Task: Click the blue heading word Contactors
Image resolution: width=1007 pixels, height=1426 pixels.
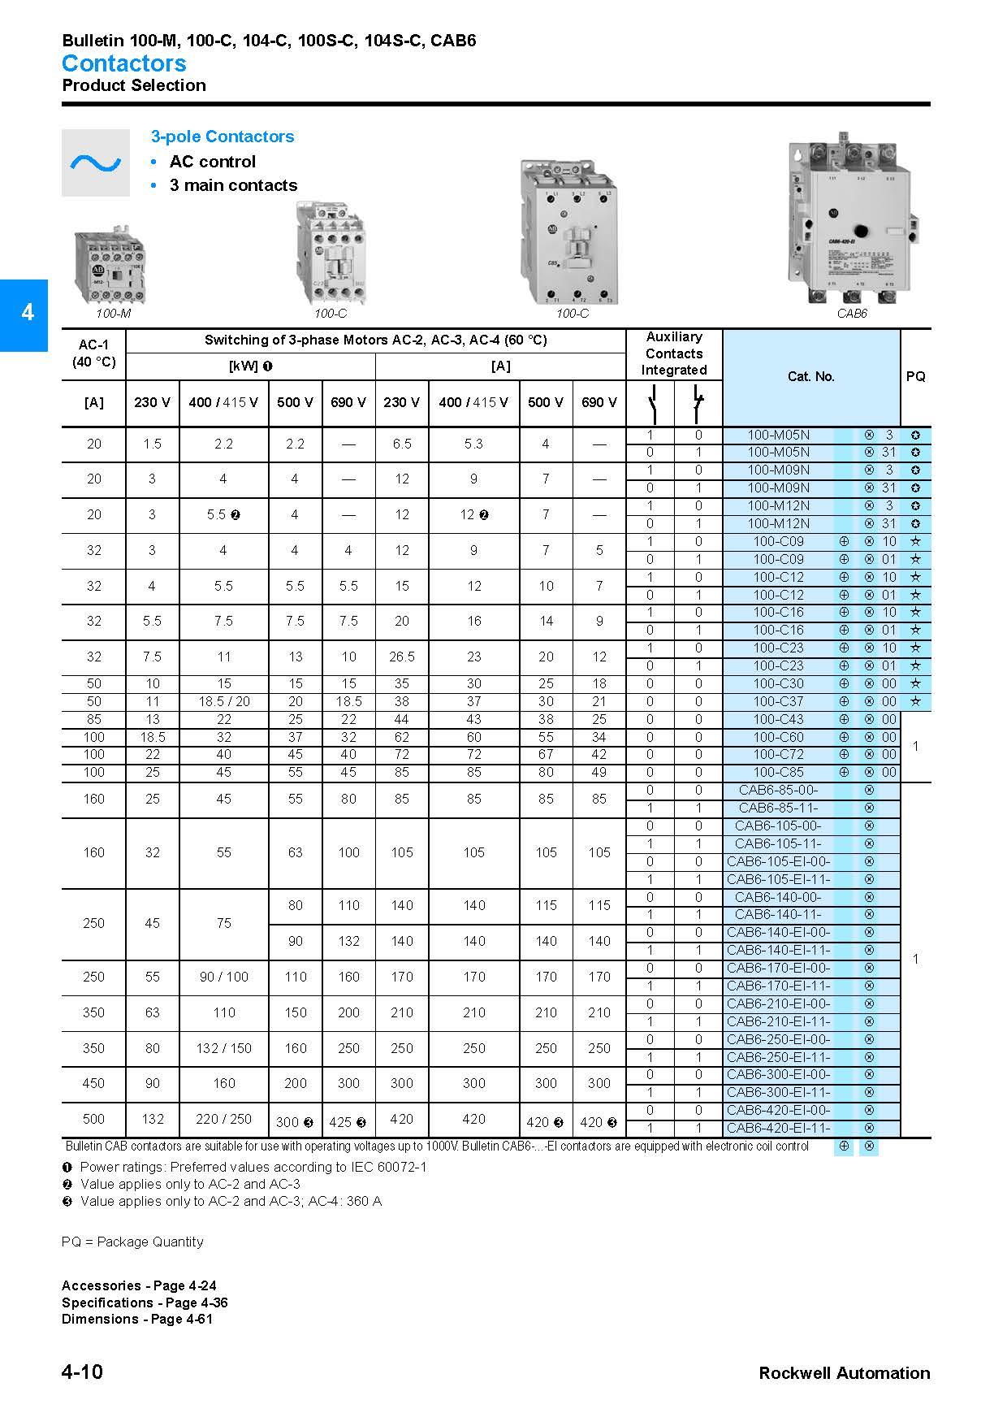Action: [123, 63]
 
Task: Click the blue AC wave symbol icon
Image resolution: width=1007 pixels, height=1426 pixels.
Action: [96, 163]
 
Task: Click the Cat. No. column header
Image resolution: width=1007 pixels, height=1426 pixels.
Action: [810, 377]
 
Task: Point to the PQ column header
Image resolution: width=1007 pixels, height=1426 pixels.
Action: [915, 377]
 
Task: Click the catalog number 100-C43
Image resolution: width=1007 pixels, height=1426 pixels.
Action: [778, 719]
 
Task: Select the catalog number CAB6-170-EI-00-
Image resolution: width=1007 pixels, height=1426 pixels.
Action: [778, 968]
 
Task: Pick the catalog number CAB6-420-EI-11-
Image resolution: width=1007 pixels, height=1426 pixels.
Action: [778, 1128]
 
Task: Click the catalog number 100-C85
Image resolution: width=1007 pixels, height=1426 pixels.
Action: [778, 772]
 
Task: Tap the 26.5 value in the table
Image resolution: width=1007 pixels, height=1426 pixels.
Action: [402, 657]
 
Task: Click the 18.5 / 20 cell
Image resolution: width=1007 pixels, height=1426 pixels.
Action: [223, 701]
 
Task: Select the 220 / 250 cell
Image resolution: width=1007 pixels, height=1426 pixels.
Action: [223, 1119]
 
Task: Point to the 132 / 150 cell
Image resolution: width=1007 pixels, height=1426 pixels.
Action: [223, 1048]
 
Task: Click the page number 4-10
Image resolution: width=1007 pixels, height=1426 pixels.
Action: [82, 1372]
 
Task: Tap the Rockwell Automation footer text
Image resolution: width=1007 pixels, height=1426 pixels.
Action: [844, 1373]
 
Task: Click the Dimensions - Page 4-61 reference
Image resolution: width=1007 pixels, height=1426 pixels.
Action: [136, 1319]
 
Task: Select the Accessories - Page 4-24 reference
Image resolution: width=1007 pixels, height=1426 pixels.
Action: [139, 1285]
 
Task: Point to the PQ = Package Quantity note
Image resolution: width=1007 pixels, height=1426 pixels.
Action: [132, 1242]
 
